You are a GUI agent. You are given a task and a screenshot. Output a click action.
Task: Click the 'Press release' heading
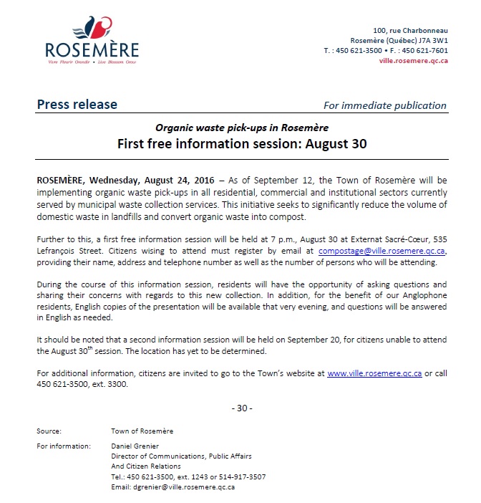[x=77, y=105]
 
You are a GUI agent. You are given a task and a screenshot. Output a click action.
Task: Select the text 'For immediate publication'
[x=384, y=105]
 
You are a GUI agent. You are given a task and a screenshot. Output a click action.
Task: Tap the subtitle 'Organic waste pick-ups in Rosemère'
[x=242, y=128]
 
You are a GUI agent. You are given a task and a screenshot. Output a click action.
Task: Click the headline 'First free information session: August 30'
[x=242, y=143]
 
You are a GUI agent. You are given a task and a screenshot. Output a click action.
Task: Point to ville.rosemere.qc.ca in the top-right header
[x=413, y=61]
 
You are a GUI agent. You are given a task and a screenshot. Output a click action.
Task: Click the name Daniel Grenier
[x=134, y=446]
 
